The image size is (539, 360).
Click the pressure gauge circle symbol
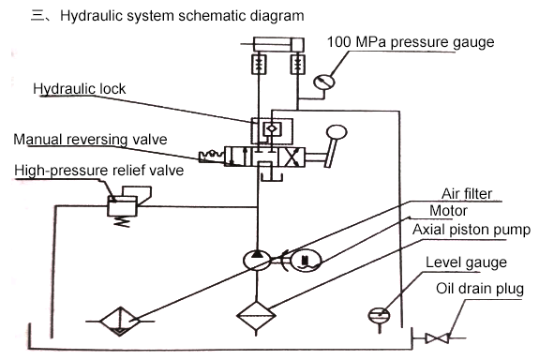[x=323, y=82]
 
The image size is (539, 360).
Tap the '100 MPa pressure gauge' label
[x=411, y=42]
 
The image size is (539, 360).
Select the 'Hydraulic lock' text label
[x=80, y=89]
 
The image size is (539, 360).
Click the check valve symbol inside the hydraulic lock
[x=272, y=128]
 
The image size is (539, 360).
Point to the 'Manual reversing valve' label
[x=90, y=140]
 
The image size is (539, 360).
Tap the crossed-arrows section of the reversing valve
[x=292, y=157]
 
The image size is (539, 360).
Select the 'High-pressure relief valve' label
[x=99, y=171]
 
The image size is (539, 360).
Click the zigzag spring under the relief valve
[x=123, y=222]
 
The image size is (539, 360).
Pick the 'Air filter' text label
[x=467, y=193]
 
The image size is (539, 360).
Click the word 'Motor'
[x=448, y=211]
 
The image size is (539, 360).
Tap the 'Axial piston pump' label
[x=472, y=230]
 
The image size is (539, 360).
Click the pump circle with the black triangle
[x=257, y=261]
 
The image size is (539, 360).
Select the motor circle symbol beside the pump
[x=306, y=261]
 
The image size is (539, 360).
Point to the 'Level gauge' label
[x=466, y=262]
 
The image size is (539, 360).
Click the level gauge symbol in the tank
[x=379, y=316]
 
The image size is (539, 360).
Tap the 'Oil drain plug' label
[x=480, y=289]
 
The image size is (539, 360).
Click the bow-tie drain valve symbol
[x=437, y=338]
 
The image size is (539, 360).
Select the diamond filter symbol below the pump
[x=256, y=315]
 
